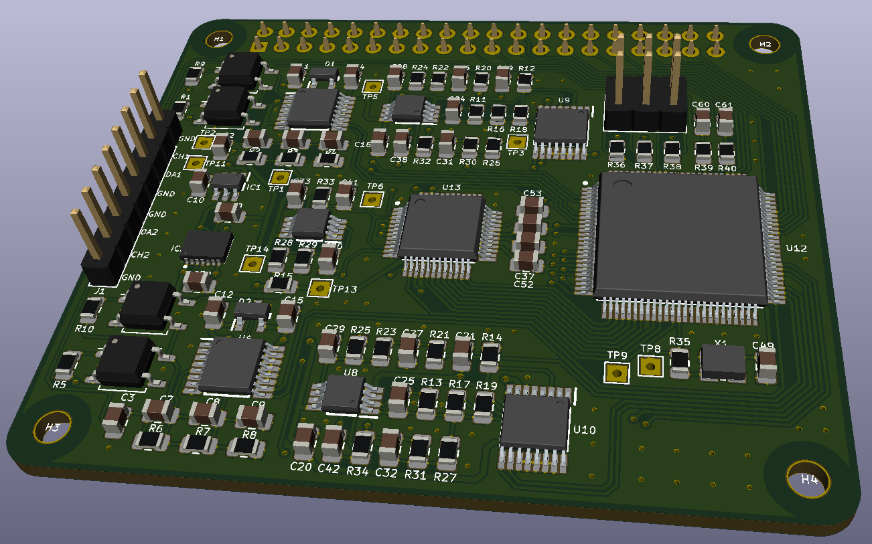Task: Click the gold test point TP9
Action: [616, 373]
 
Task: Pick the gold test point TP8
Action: [650, 366]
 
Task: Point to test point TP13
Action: [319, 288]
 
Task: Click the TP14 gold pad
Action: [252, 264]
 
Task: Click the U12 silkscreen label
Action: [796, 248]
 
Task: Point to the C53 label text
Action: [532, 194]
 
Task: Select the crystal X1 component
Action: [723, 362]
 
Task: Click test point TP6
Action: [372, 199]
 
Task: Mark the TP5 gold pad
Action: [372, 86]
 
